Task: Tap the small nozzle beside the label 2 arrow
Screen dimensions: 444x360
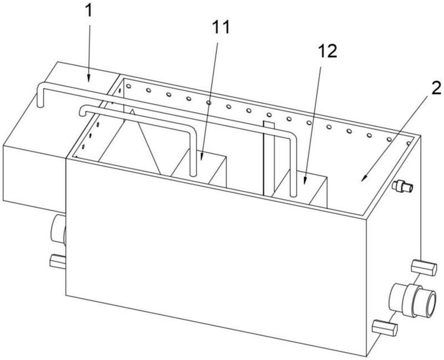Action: pos(404,188)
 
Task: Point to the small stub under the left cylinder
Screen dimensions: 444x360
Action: pos(57,259)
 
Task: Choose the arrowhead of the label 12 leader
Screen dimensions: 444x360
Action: pos(305,181)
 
